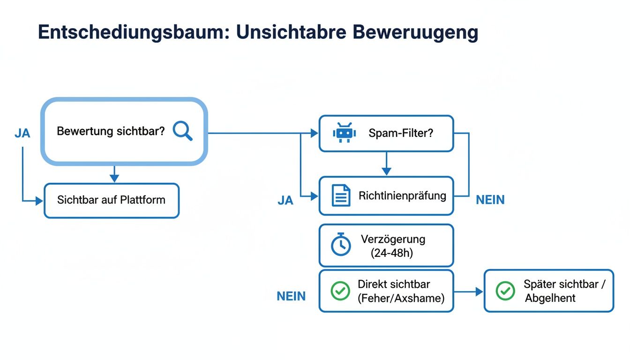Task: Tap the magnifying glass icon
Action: point(183,131)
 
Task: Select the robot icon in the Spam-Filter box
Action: point(345,133)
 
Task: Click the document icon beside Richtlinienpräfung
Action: point(341,195)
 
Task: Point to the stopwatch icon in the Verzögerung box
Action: point(341,245)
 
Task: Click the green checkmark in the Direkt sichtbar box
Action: point(340,291)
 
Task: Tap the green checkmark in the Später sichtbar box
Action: point(505,291)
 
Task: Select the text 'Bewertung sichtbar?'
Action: point(111,131)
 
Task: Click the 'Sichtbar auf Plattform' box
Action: point(112,200)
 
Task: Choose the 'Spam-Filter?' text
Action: point(401,133)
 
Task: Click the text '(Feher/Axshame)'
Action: point(401,298)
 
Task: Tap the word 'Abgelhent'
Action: point(550,298)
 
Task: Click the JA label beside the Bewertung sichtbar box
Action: point(22,133)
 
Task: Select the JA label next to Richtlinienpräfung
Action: point(285,201)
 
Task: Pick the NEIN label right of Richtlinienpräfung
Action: point(490,200)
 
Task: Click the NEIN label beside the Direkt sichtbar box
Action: point(291,296)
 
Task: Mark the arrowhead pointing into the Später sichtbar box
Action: point(479,292)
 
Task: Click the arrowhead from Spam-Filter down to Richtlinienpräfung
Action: point(386,172)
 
